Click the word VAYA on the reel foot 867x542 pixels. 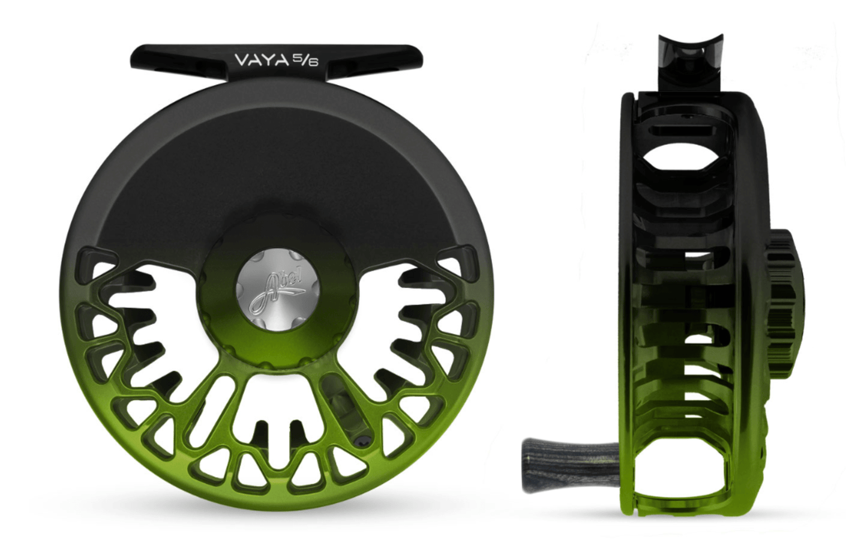click(x=262, y=59)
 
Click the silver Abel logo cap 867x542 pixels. click(x=277, y=291)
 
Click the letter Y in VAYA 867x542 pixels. click(x=267, y=59)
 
